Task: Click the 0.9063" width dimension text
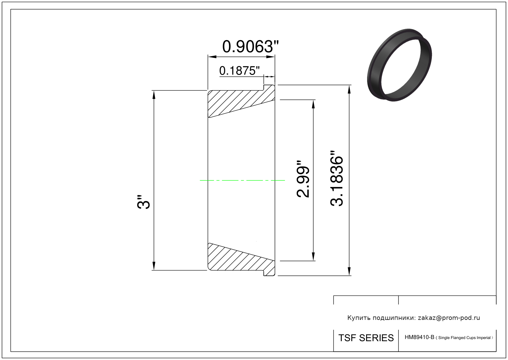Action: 250,47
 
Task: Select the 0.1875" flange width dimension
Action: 239,71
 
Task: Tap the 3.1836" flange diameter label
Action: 337,178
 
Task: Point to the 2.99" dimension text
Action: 303,179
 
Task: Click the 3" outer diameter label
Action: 143,202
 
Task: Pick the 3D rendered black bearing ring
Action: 399,65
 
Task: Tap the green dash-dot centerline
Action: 242,180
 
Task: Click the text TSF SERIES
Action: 366,338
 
